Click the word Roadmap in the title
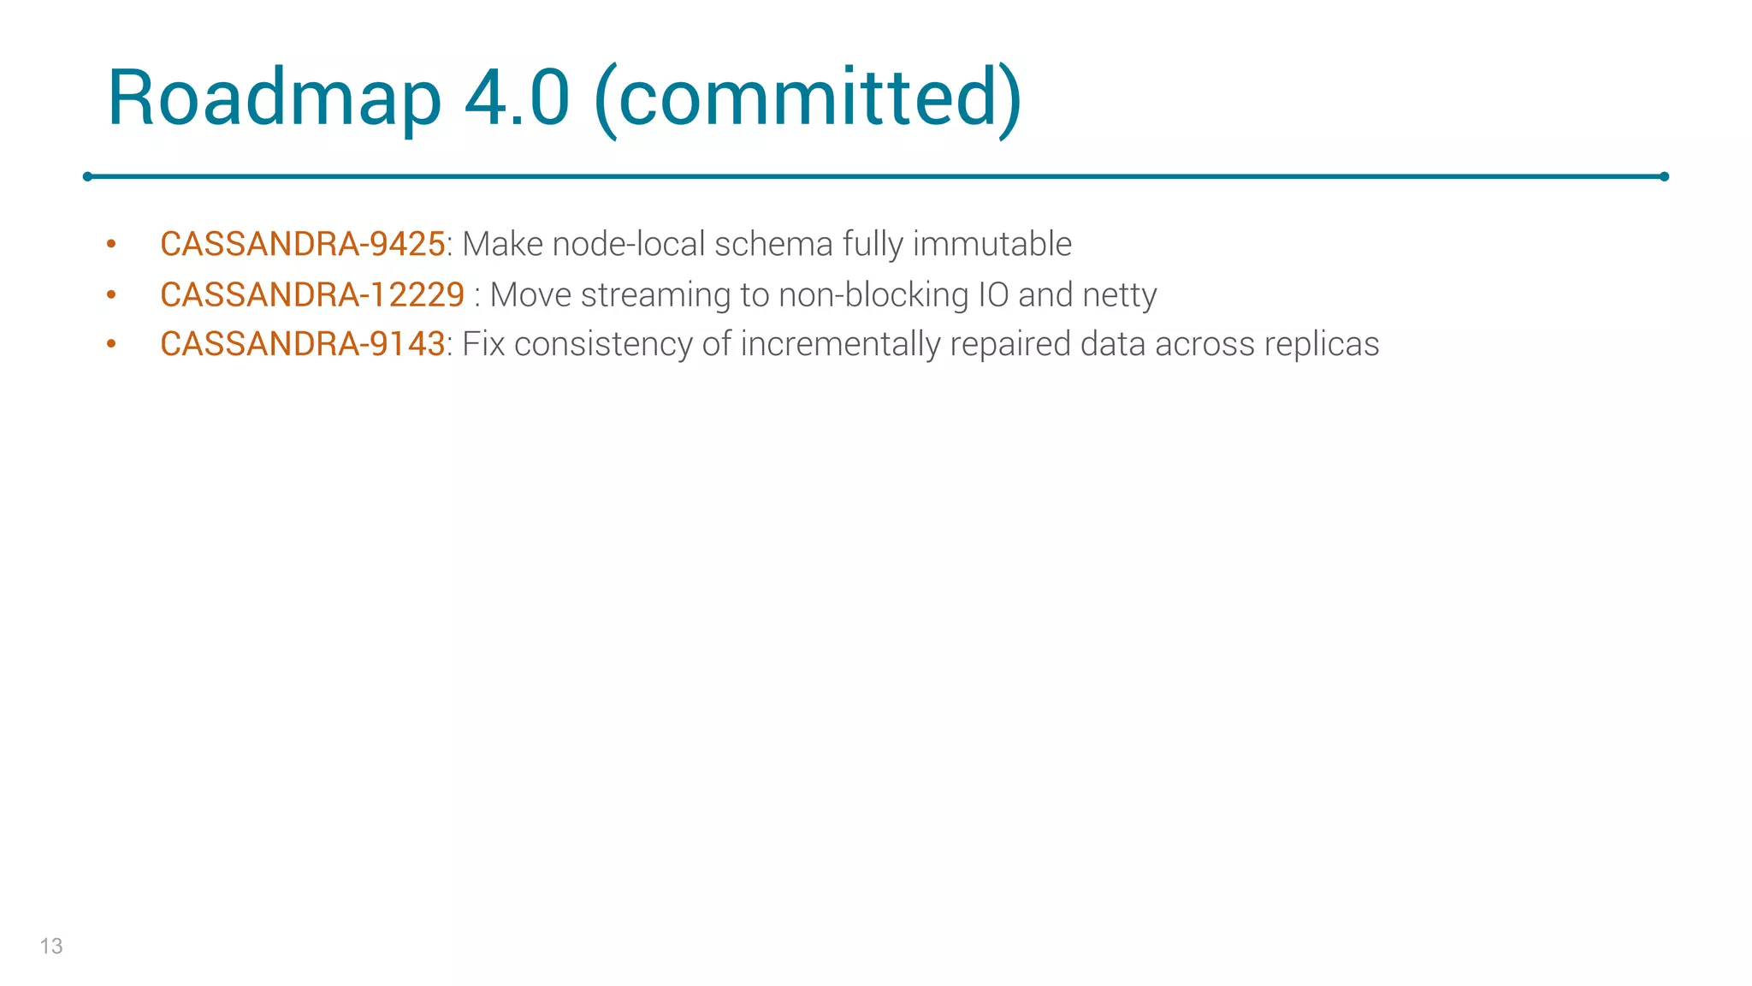274,98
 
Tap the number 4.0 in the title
517,98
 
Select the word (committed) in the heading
808,98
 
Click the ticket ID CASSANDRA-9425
302,245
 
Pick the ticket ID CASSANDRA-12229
312,295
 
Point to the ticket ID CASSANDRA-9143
302,345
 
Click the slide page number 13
51,946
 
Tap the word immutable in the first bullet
991,245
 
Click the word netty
1119,295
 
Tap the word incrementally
840,345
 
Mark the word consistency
603,345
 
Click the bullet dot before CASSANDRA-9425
111,245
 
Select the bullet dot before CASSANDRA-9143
111,345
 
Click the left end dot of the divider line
87,176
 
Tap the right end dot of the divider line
1664,176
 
